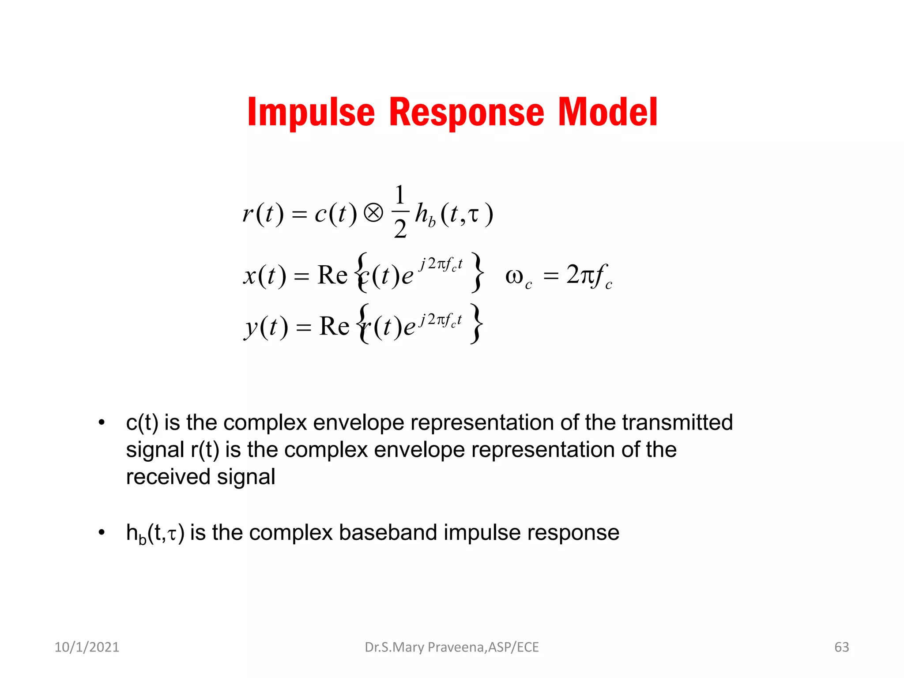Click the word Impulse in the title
coord(311,113)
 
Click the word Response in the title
coord(467,113)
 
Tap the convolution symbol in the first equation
coord(373,213)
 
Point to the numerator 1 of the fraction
coord(400,195)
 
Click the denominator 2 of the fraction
coord(400,229)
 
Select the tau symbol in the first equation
coord(473,215)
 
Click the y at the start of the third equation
coord(251,328)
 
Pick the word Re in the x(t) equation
coord(332,275)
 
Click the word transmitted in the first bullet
coord(677,422)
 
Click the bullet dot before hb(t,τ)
coord(102,532)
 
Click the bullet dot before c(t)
coord(102,422)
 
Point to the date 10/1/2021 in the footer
coord(87,647)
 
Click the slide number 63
coord(841,647)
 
